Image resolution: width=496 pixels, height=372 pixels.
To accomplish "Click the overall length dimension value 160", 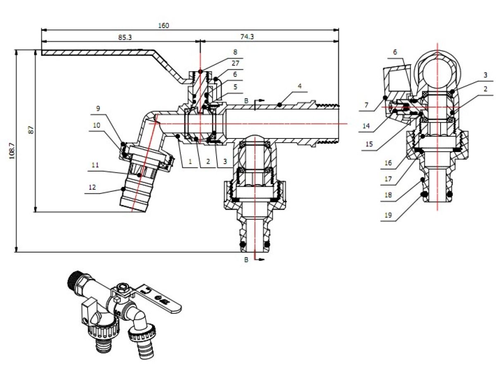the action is point(163,25).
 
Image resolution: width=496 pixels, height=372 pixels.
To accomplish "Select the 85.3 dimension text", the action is point(125,37).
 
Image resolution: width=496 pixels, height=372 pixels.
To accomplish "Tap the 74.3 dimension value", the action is point(247,36).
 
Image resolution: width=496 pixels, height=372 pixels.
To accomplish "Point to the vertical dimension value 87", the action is point(31,130).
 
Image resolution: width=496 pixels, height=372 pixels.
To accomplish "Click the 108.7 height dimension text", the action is point(12,151).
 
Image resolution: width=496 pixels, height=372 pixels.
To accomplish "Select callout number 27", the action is point(235,63).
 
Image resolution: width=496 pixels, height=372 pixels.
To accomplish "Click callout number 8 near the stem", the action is point(235,52).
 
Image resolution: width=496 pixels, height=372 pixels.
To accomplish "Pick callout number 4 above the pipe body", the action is point(300,86).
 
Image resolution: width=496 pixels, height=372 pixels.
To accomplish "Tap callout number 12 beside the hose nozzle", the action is point(92,187).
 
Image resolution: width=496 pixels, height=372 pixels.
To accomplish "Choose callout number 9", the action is point(98,108).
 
